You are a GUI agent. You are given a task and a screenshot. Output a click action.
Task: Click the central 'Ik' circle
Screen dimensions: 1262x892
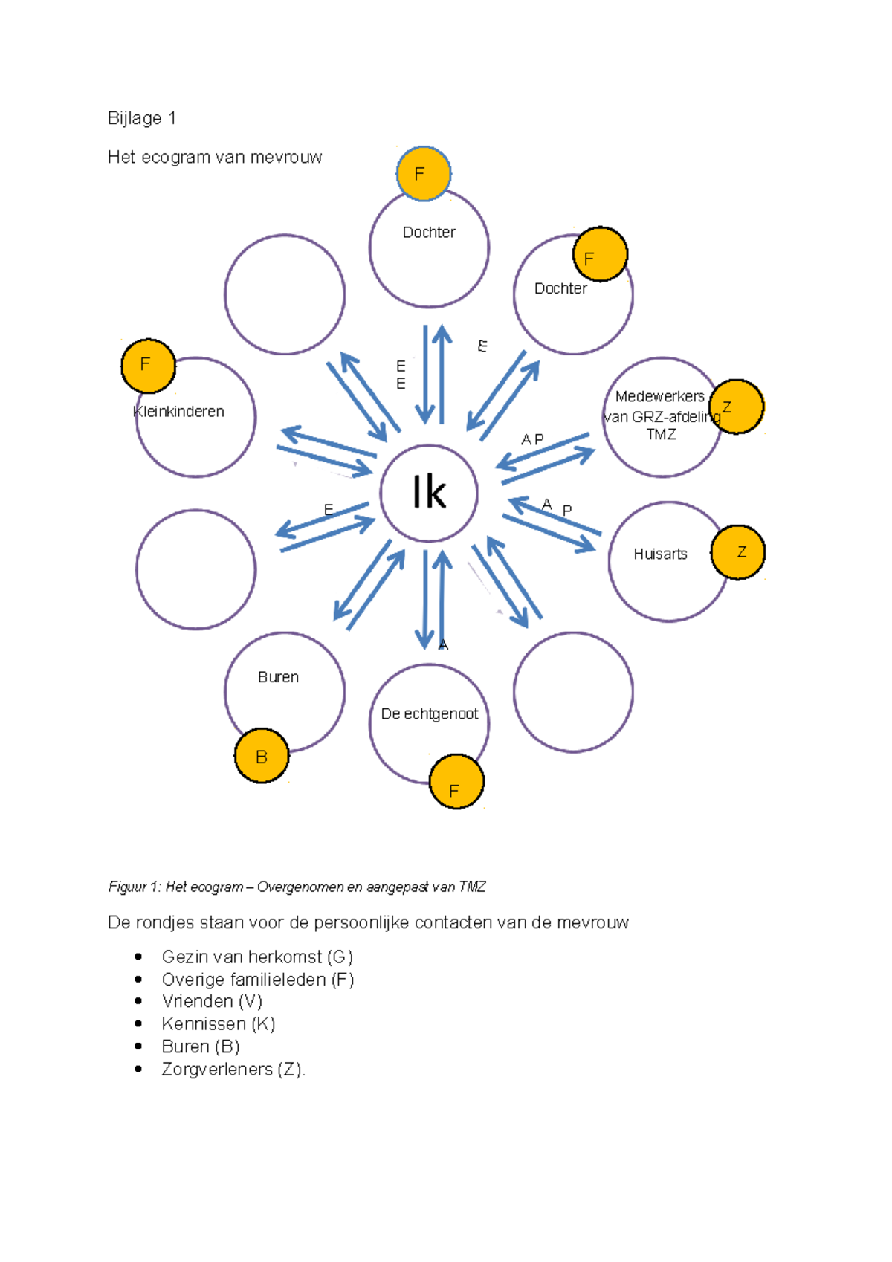(429, 493)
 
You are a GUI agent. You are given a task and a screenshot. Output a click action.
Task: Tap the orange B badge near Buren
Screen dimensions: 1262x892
(262, 756)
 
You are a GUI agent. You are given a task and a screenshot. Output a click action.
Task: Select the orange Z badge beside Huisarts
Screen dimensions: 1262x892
(738, 552)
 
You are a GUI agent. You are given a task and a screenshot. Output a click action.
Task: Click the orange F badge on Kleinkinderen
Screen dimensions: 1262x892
(148, 366)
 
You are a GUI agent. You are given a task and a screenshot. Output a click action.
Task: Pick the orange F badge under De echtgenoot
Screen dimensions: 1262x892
(456, 782)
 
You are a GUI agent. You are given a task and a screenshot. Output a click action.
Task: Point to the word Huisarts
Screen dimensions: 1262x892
(660, 554)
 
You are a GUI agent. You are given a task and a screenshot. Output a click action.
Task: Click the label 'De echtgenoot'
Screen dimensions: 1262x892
(430, 713)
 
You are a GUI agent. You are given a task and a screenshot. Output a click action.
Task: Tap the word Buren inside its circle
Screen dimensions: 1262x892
(278, 677)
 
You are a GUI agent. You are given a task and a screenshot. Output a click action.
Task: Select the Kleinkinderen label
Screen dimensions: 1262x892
(178, 412)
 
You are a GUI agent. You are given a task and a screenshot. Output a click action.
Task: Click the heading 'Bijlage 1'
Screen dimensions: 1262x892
(141, 118)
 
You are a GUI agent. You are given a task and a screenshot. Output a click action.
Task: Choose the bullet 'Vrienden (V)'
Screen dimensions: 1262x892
(212, 1001)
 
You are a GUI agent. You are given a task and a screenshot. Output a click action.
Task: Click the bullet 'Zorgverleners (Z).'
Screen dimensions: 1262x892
(233, 1069)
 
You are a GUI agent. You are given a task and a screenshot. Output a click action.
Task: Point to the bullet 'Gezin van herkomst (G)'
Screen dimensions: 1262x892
(257, 957)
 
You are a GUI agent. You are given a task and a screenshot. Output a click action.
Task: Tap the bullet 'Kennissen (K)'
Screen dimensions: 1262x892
(219, 1023)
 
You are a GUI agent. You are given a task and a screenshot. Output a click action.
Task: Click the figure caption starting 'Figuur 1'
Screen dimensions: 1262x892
(297, 887)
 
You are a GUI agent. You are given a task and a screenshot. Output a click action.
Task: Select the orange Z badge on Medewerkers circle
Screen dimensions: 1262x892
(737, 407)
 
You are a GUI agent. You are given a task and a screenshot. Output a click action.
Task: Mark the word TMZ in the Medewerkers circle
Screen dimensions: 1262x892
(662, 435)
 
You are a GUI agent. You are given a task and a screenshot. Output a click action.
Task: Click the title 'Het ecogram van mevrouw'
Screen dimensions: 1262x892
(215, 157)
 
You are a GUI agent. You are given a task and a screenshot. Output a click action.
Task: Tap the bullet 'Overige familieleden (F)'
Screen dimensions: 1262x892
(258, 979)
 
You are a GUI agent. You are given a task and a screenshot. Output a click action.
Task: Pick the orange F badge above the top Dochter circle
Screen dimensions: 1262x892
(423, 174)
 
